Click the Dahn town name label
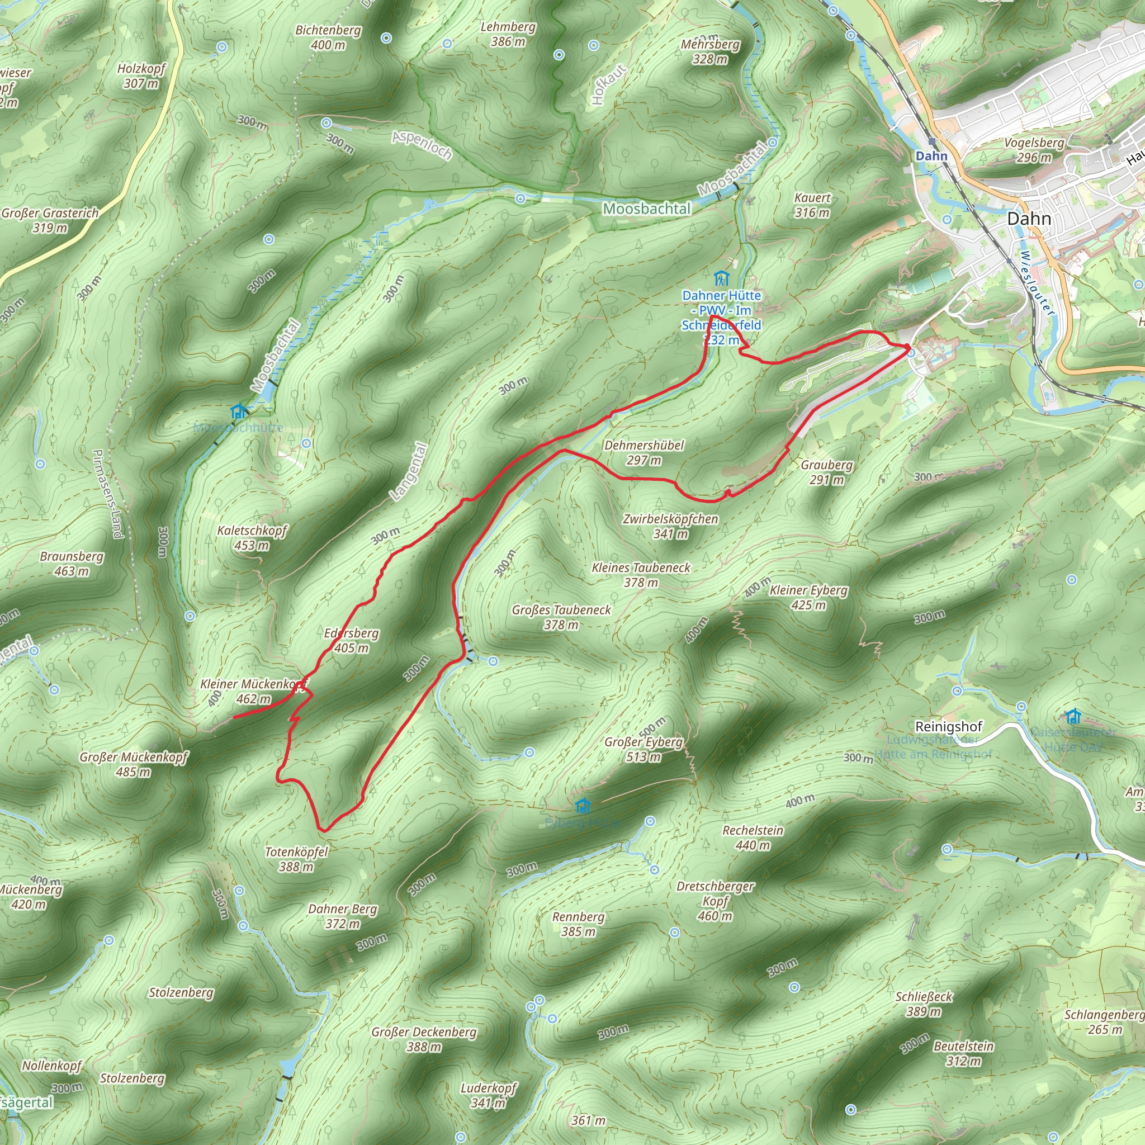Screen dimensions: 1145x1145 tap(1028, 219)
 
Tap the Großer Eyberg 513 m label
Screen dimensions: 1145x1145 tap(644, 749)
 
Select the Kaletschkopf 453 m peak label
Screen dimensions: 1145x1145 tap(252, 537)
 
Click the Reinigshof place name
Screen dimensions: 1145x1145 tap(948, 727)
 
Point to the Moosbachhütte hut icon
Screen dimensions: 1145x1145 tap(239, 411)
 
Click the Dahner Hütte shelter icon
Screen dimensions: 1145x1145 tap(721, 278)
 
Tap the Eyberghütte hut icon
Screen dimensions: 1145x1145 tap(583, 806)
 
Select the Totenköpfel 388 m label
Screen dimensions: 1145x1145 tap(296, 859)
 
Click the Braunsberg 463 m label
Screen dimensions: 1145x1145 tap(72, 564)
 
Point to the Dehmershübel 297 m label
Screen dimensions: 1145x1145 tap(644, 452)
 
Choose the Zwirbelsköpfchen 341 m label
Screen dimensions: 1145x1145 tap(670, 526)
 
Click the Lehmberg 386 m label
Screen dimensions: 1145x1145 tap(508, 34)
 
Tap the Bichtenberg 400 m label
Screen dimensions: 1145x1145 tap(328, 37)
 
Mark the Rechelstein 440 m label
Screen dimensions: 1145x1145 tap(753, 838)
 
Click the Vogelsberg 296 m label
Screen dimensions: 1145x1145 tap(1034, 150)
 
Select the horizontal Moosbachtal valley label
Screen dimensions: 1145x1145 tap(647, 209)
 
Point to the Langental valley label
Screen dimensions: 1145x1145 tap(408, 472)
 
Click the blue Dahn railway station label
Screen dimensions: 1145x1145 tap(931, 156)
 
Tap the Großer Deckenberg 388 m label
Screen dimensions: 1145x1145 tap(424, 1039)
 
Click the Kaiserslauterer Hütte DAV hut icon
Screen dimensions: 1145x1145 tap(1073, 717)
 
